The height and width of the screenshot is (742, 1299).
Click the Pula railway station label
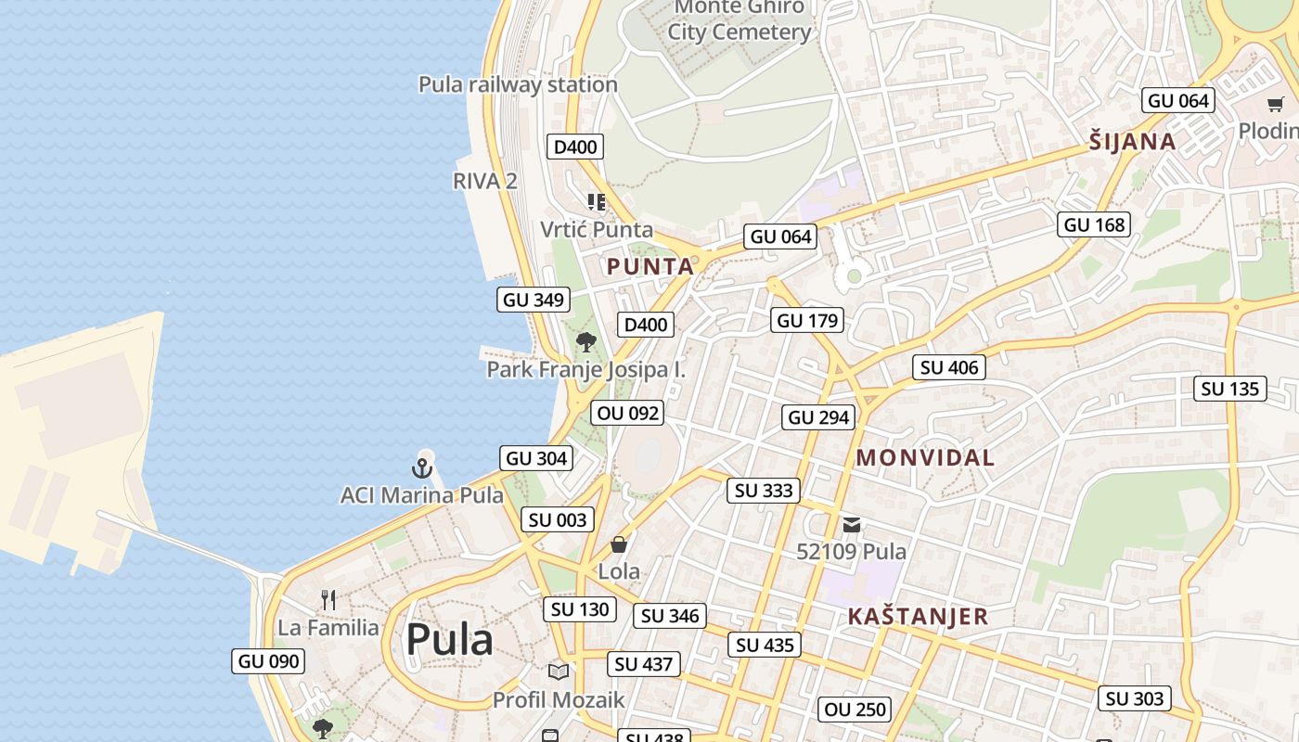coord(518,84)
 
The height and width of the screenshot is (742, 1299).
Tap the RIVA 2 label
coord(485,181)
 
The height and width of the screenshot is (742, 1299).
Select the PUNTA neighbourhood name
coord(650,267)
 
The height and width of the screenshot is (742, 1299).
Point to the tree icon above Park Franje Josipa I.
coord(585,342)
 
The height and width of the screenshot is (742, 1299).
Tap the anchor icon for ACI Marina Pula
coord(423,467)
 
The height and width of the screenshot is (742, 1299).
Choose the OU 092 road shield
coord(629,413)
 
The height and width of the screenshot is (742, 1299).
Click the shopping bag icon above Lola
coord(618,544)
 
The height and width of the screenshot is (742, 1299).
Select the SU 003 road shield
coord(558,520)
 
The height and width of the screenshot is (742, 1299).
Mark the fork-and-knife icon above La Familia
coord(328,599)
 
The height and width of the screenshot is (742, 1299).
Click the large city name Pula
coord(449,640)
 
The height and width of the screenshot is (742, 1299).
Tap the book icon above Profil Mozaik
coord(558,672)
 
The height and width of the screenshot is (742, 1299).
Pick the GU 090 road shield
coord(269,661)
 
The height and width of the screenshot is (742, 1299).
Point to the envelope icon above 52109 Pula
coord(851,525)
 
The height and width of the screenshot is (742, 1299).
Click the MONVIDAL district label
coord(925,457)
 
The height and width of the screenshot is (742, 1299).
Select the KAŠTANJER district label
coord(918,617)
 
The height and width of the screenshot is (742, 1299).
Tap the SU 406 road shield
coord(949,367)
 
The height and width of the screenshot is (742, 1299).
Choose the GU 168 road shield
coord(1094,224)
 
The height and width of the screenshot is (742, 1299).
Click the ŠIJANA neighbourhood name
coord(1132,142)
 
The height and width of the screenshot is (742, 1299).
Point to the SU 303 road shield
coord(1135,698)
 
